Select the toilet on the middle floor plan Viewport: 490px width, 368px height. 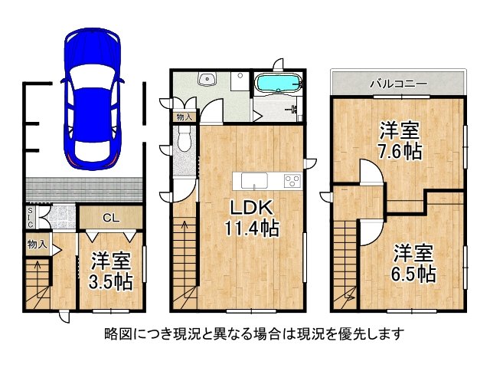pos(184,138)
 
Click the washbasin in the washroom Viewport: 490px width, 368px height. pos(207,79)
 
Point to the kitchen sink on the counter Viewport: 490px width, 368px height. pos(253,181)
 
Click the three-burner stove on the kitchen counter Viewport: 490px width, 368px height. pos(292,181)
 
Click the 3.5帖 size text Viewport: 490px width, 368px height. pos(113,281)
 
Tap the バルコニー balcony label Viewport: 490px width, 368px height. pos(398,83)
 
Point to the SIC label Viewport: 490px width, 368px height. pos(30,217)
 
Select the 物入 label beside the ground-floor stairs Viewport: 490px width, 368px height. pos(36,246)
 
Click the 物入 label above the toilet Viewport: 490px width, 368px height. pos(184,117)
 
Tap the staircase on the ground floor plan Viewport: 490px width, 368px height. pos(35,284)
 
